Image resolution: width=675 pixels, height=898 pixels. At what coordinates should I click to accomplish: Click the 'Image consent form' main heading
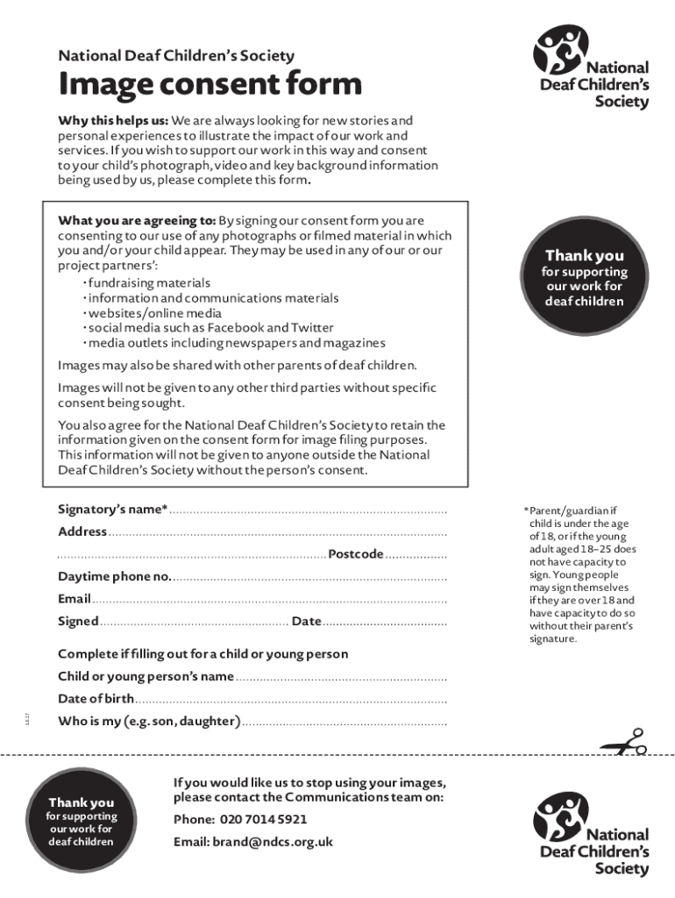coord(210,85)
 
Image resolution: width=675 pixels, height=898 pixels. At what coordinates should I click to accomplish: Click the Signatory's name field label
coord(112,510)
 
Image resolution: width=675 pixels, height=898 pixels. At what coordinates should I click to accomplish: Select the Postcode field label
coord(356,553)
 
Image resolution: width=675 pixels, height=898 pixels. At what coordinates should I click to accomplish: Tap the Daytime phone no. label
coord(115,576)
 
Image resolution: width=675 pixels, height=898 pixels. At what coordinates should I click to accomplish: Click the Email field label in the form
coord(75,599)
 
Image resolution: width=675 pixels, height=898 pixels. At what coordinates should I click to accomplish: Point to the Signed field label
coord(78,621)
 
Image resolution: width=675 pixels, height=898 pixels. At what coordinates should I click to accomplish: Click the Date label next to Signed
coord(306,621)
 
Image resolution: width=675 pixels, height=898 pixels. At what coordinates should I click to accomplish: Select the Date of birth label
coord(96,699)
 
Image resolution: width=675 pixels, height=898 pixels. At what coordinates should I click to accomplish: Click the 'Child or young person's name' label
coord(146,676)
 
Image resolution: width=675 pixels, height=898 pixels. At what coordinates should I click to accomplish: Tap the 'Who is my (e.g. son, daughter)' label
coord(149,721)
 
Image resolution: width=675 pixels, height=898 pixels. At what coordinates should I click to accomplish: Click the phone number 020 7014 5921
coord(262,819)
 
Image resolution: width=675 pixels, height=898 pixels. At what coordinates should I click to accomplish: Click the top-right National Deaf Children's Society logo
coord(592,68)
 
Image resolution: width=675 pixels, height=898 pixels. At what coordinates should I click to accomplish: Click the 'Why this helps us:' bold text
coord(113,120)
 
